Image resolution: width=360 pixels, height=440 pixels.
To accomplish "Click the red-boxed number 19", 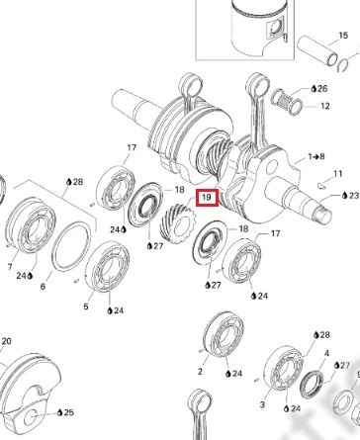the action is click(207, 198).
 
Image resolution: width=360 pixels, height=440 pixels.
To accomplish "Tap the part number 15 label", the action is click(343, 36).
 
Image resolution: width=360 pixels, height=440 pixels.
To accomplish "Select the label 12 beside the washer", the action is click(324, 106).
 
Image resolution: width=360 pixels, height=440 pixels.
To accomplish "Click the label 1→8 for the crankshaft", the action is click(315, 156).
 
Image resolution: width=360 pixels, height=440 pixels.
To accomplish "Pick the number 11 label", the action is click(338, 173).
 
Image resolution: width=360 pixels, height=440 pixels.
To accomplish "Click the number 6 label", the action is click(43, 287).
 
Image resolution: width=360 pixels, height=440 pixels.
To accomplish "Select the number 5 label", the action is click(86, 307).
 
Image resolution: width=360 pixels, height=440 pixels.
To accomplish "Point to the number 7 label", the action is click(10, 267).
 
